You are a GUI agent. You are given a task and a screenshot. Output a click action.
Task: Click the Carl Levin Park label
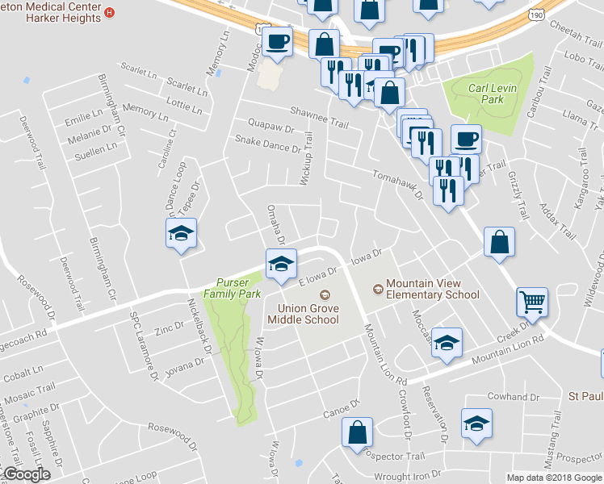pyautogui.click(x=486, y=93)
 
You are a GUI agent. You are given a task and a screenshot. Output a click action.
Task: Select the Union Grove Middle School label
pyautogui.click(x=308, y=314)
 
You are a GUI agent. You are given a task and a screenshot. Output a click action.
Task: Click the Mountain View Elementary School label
pyautogui.click(x=432, y=289)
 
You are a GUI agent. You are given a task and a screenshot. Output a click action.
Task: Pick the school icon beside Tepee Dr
pyautogui.click(x=182, y=235)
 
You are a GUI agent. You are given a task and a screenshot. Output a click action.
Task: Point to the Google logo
pyautogui.click(x=26, y=474)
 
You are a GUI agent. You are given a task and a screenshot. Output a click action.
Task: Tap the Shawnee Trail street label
pyautogui.click(x=320, y=118)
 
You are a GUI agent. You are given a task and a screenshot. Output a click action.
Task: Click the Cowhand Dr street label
pyautogui.click(x=513, y=397)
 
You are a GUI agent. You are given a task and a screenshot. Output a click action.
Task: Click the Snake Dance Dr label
pyautogui.click(x=267, y=143)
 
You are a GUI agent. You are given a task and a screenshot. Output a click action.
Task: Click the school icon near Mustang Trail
pyautogui.click(x=476, y=422)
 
